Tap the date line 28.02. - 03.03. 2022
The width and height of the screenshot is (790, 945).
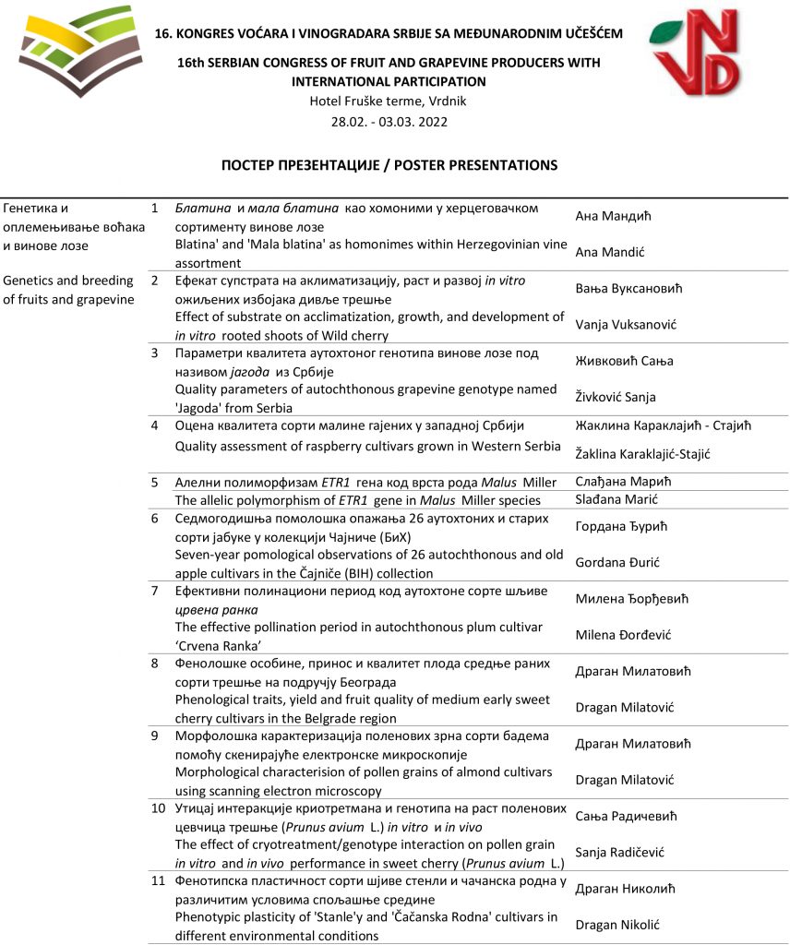[x=389, y=122]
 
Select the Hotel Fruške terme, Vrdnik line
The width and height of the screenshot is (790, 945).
[x=389, y=102]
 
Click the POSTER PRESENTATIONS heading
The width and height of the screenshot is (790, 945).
[x=389, y=165]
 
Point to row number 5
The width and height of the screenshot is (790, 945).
[x=155, y=482]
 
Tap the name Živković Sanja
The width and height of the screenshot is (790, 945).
[x=615, y=398]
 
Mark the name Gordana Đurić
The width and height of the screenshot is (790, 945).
[x=617, y=562]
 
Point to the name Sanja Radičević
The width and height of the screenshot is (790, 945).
[x=619, y=853]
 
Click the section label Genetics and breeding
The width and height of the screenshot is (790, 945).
[x=68, y=281]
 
